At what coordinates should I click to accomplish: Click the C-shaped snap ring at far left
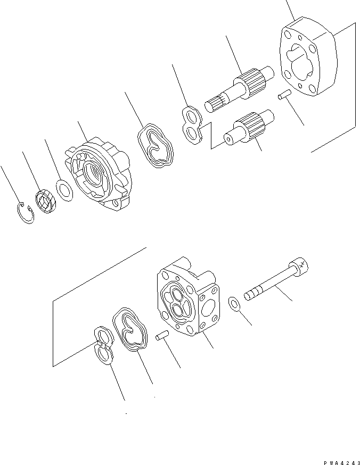[24, 212]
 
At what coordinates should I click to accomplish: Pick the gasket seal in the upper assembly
[154, 146]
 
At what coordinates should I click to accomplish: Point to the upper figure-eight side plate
[192, 125]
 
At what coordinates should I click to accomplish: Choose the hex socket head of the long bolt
[298, 265]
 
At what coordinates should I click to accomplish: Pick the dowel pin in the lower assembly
[162, 337]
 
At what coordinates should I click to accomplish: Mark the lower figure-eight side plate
[104, 345]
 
